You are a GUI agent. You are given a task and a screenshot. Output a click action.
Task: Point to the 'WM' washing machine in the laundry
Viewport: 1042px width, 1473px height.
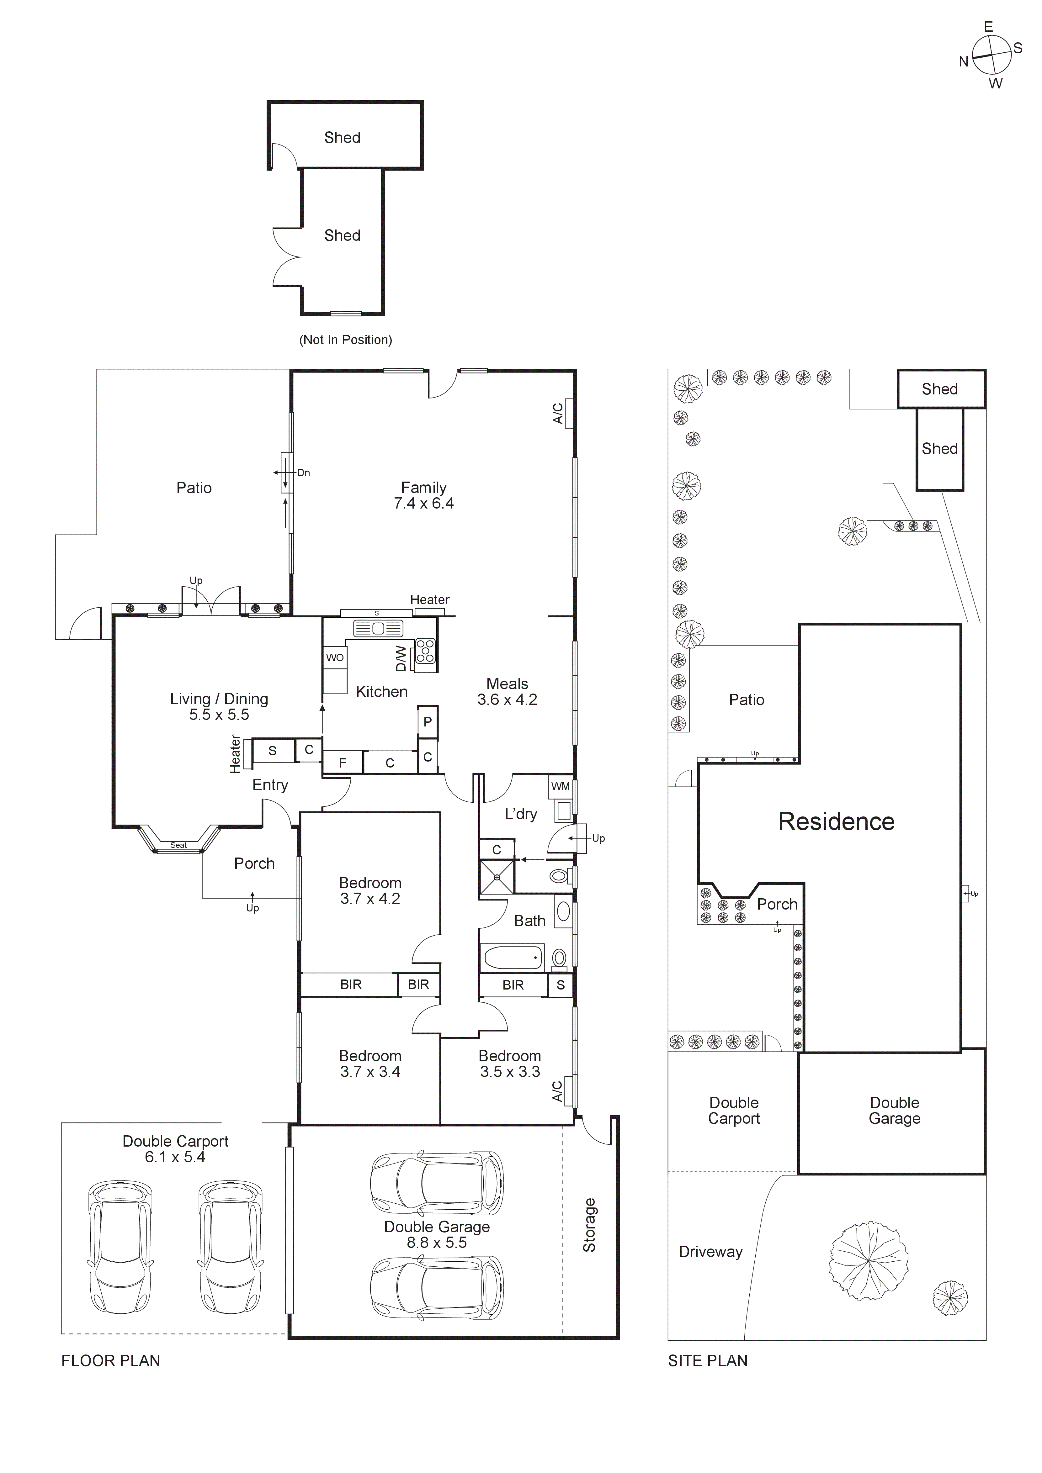click(560, 787)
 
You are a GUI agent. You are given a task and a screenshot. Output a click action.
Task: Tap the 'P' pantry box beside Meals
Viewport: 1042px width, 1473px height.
click(427, 722)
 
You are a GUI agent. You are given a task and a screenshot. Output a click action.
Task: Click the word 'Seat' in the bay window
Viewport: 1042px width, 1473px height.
click(178, 846)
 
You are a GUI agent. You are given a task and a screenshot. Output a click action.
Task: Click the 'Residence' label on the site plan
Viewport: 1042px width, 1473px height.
click(836, 822)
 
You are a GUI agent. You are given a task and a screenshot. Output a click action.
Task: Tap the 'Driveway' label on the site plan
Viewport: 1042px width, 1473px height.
click(710, 1252)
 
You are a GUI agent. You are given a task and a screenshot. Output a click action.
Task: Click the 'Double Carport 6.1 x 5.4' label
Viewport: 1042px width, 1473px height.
click(175, 1149)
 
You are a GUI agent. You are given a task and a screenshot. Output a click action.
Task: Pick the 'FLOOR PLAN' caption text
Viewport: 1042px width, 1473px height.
click(110, 1361)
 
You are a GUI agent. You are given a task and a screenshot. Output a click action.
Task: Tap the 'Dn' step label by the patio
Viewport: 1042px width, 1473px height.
click(304, 473)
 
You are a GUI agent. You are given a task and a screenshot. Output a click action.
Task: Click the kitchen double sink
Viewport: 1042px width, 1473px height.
click(378, 629)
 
